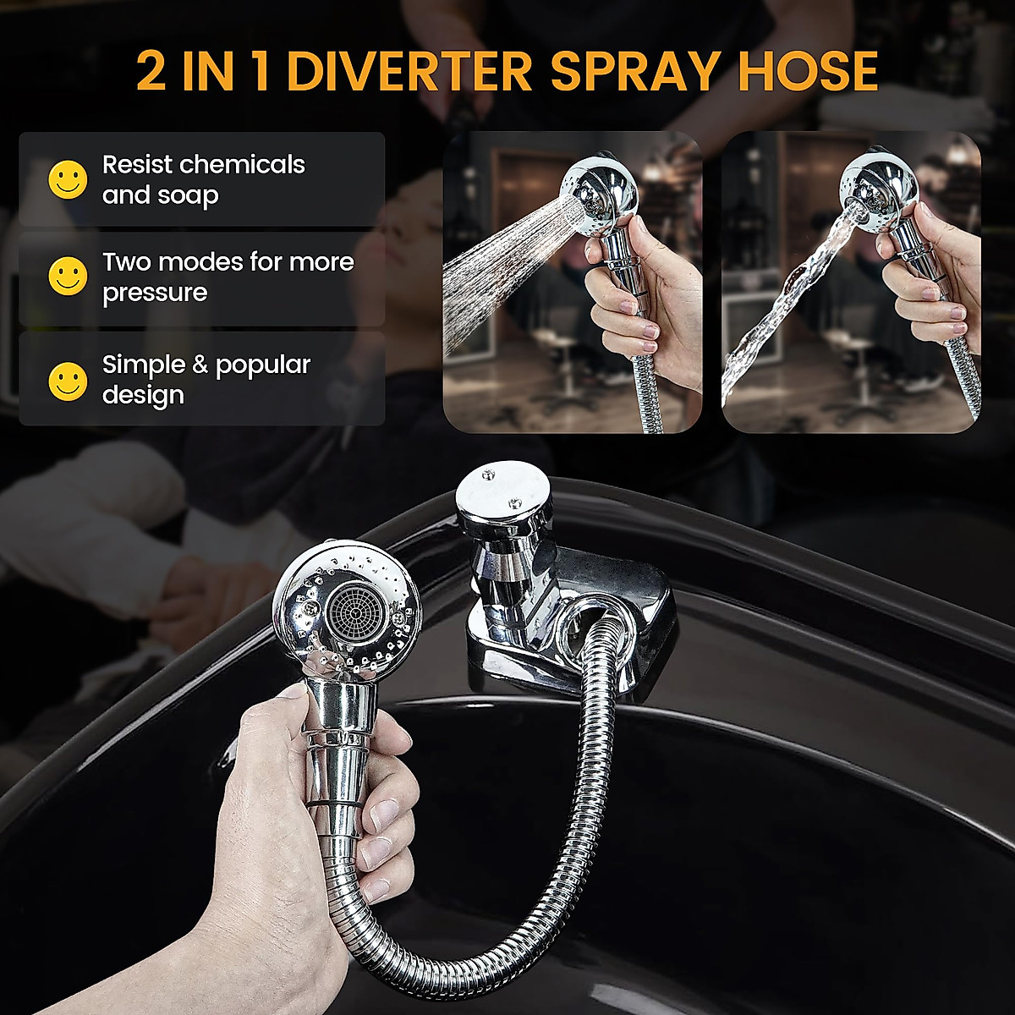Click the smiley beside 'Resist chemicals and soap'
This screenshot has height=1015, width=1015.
pyautogui.click(x=68, y=179)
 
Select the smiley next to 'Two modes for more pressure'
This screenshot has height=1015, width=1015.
pyautogui.click(x=68, y=276)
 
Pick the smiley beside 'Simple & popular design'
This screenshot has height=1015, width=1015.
pyautogui.click(x=68, y=381)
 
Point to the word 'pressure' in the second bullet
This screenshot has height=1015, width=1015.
pyautogui.click(x=155, y=293)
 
